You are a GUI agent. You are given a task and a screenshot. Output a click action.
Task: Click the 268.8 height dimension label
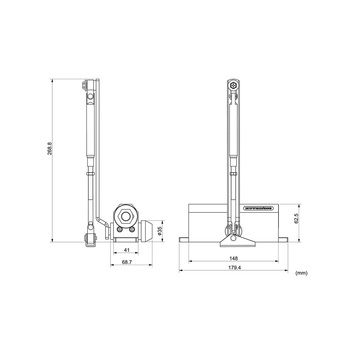point(49,149)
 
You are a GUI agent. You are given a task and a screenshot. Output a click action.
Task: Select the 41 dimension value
point(127,250)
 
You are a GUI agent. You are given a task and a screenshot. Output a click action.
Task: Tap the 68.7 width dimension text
point(127,262)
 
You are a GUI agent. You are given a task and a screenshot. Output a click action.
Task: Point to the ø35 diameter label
point(159,231)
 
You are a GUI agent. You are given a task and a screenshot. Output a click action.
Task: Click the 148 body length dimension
point(233,258)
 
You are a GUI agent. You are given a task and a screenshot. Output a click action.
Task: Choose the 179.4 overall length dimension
point(233,268)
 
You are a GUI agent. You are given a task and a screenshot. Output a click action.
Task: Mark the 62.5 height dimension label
point(296,218)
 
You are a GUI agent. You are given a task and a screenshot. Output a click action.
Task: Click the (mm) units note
point(302,273)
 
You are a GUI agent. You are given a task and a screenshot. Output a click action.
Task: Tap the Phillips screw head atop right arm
point(234,85)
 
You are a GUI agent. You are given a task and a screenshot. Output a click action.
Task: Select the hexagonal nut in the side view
point(126,217)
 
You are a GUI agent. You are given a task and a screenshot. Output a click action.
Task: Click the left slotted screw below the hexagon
point(120,229)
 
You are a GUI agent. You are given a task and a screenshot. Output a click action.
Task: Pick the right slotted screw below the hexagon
point(132,229)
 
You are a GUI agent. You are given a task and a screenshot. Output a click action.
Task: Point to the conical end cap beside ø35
point(147,231)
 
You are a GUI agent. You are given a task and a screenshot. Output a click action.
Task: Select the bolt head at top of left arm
point(83,85)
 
